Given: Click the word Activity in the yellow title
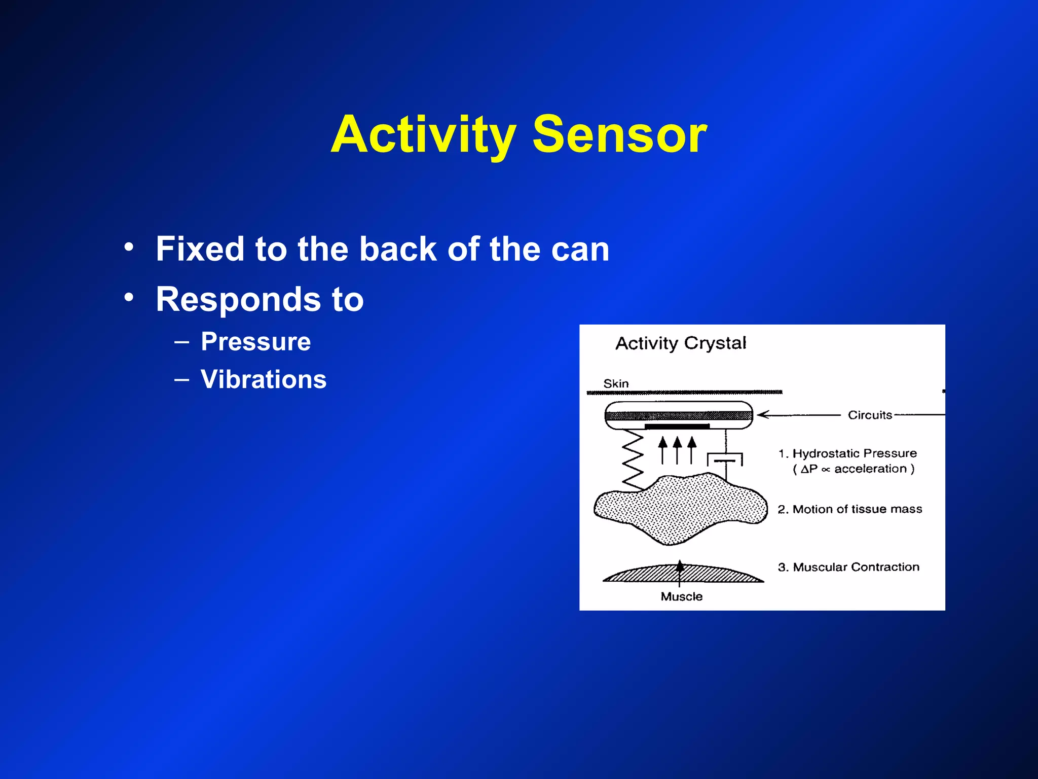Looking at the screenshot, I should (423, 134).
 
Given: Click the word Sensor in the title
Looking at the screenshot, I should (619, 134).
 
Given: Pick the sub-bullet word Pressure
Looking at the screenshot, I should (255, 341).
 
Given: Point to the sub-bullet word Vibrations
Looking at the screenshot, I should (264, 379).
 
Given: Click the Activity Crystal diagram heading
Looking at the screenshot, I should (680, 343).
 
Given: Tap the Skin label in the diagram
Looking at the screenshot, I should (616, 384).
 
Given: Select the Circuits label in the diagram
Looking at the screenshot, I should (870, 415).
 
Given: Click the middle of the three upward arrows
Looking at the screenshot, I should (677, 449).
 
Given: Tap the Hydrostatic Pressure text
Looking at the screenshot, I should (854, 453).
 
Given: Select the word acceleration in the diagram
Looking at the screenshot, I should (870, 469).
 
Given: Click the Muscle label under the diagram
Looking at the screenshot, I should (681, 597).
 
